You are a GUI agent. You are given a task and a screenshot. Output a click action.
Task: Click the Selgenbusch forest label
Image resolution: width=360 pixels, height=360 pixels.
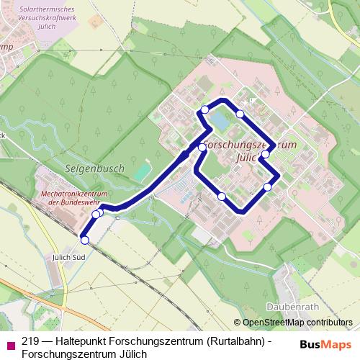100,168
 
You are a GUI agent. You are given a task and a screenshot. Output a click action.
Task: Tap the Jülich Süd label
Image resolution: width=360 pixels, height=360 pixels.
68,256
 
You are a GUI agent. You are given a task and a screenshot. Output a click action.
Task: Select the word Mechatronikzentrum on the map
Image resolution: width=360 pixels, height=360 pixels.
74,194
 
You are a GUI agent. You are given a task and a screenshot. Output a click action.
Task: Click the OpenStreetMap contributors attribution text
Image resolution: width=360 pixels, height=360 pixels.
297,323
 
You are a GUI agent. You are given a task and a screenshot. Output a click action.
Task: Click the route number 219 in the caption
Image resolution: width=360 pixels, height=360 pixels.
30,341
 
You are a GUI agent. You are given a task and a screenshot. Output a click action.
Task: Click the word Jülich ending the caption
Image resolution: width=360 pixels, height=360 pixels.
130,354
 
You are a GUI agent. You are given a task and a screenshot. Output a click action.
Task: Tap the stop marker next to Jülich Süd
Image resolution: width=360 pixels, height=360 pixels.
85,240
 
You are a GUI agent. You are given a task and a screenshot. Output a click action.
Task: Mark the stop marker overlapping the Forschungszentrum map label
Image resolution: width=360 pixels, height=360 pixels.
266,153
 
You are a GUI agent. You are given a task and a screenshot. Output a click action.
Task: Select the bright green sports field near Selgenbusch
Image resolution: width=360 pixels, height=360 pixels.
143,172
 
